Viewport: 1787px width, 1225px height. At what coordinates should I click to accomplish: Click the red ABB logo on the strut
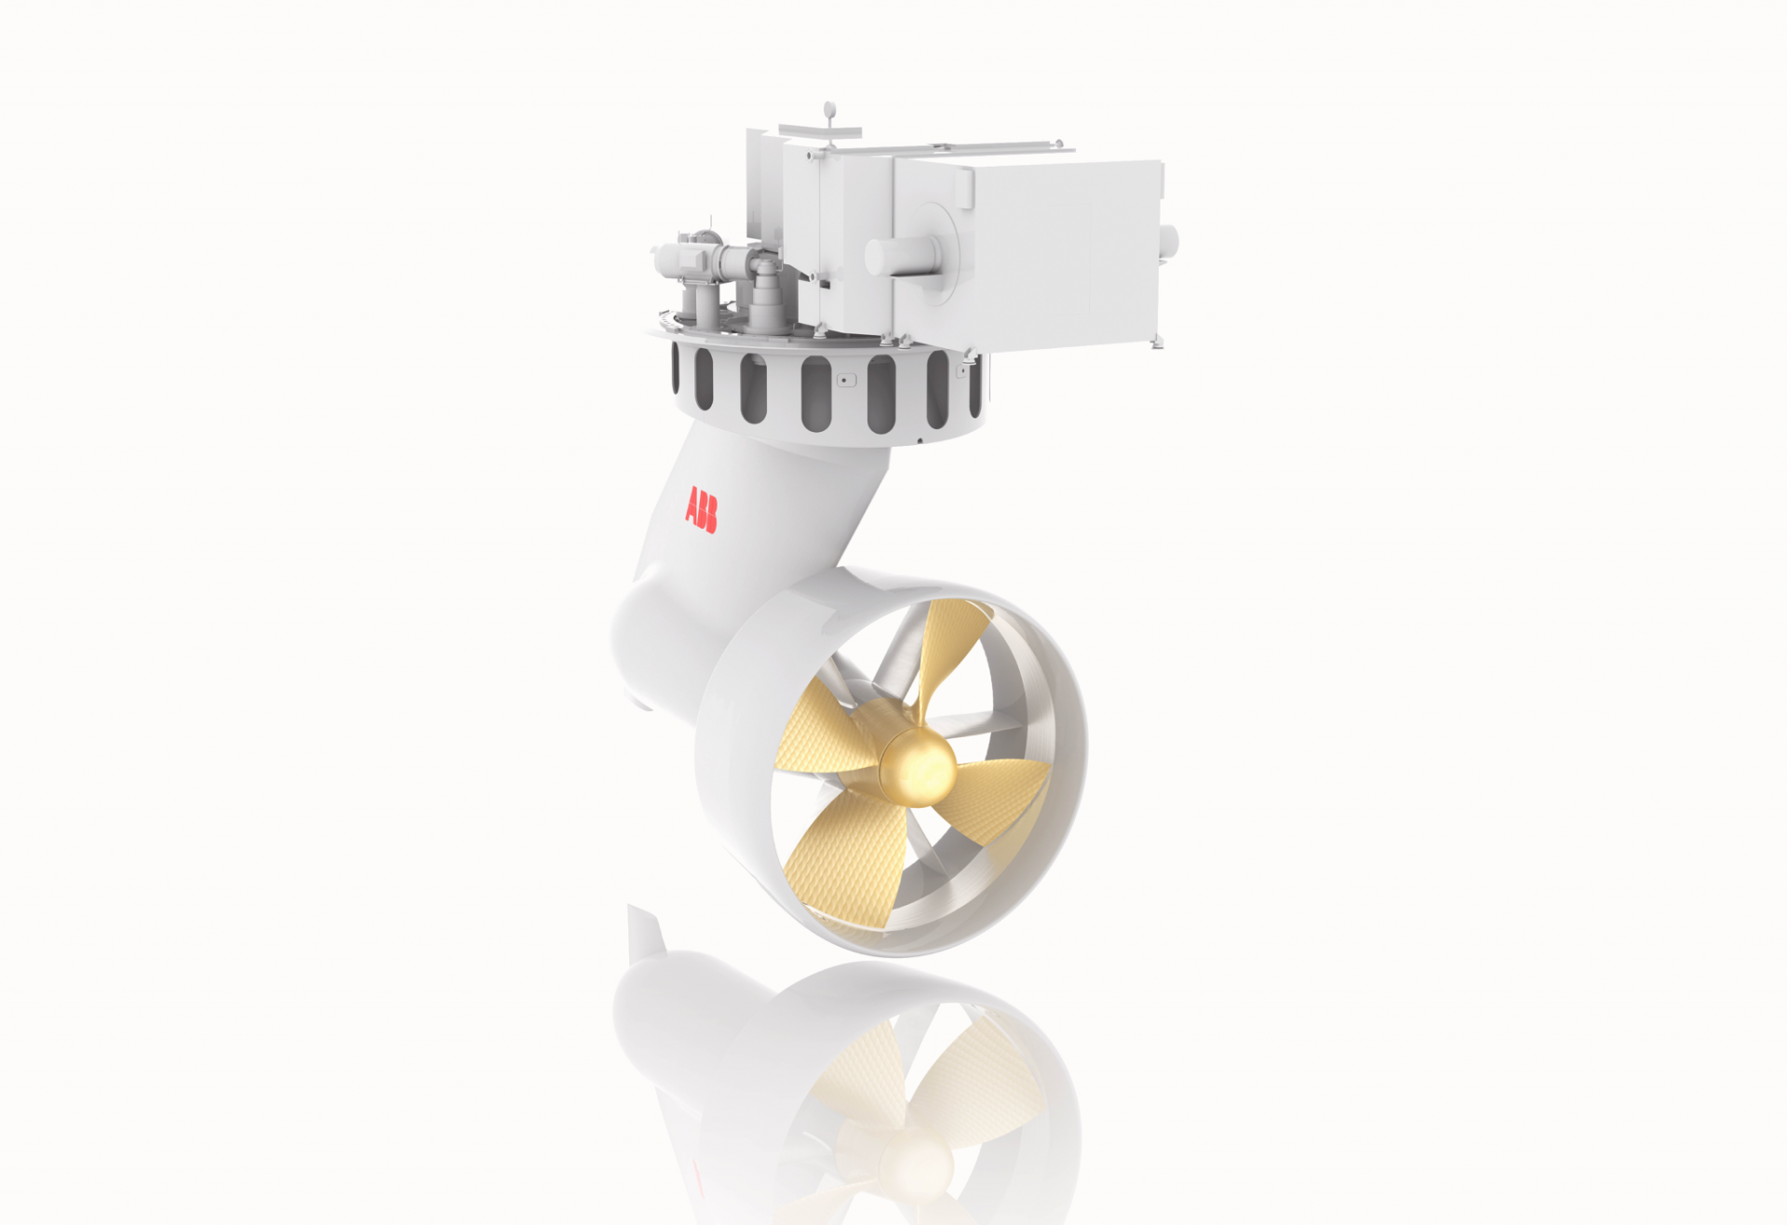(701, 510)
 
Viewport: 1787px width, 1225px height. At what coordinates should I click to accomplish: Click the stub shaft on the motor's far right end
(1169, 242)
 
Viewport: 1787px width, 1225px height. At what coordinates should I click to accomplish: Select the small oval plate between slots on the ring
(845, 380)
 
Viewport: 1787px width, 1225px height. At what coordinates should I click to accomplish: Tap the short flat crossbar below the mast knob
(819, 128)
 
